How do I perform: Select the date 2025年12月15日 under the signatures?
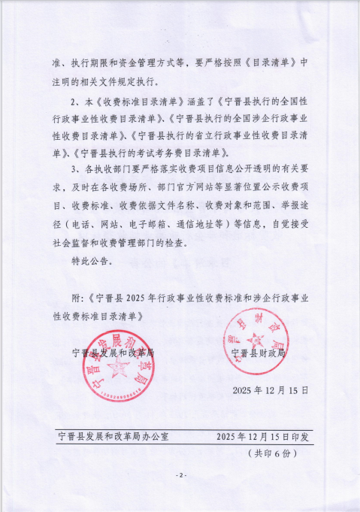(271, 390)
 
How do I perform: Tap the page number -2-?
(180, 475)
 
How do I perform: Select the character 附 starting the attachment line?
(77, 298)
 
